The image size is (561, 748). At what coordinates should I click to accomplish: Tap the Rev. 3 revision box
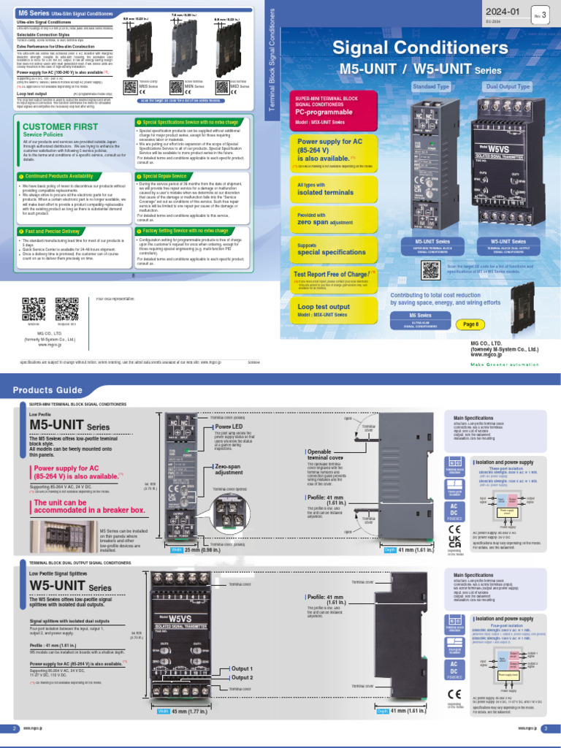(x=540, y=15)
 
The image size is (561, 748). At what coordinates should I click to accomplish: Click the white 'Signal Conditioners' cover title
(x=420, y=49)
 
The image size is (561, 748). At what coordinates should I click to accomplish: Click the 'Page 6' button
(x=470, y=324)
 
